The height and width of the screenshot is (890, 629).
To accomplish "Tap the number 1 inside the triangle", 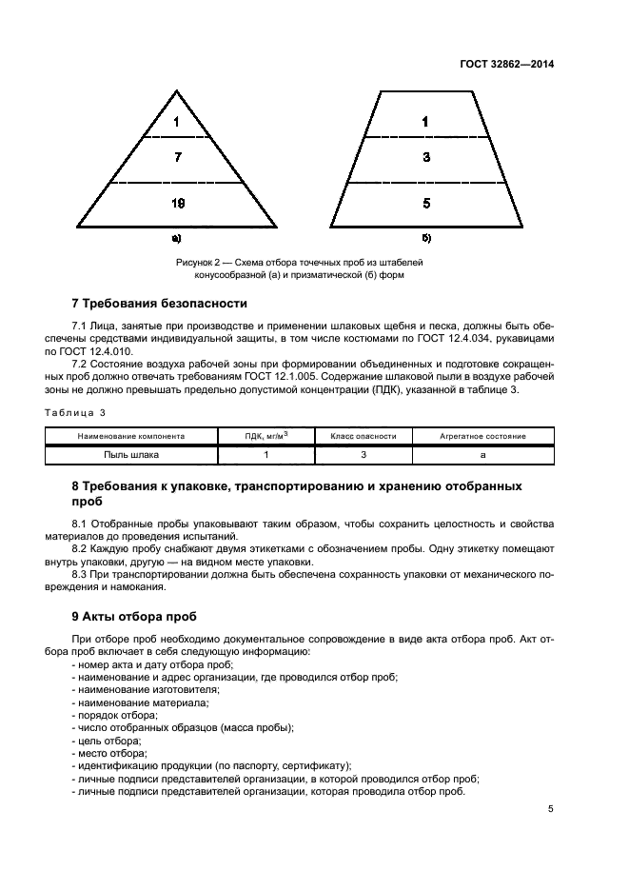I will [x=177, y=122].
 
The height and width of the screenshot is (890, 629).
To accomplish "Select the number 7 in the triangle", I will [x=177, y=158].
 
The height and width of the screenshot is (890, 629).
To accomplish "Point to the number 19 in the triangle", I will [x=177, y=203].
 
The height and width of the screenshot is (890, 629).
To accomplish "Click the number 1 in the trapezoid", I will [x=425, y=122].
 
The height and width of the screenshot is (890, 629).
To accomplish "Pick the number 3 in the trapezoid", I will [x=425, y=158].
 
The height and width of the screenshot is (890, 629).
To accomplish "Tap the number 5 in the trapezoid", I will [x=425, y=203].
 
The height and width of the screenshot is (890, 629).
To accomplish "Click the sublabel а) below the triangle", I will [x=176, y=238].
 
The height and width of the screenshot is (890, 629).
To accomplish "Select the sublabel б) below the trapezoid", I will [x=425, y=238].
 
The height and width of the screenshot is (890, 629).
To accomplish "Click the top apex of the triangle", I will [x=177, y=90].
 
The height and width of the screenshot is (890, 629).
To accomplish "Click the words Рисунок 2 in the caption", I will [x=198, y=261].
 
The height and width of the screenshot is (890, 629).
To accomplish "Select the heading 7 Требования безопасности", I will [x=159, y=304].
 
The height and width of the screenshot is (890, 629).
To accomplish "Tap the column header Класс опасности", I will [x=363, y=436].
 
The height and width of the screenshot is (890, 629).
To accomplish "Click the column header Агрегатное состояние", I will [x=482, y=436].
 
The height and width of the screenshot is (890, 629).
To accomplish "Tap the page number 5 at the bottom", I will [x=551, y=810].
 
